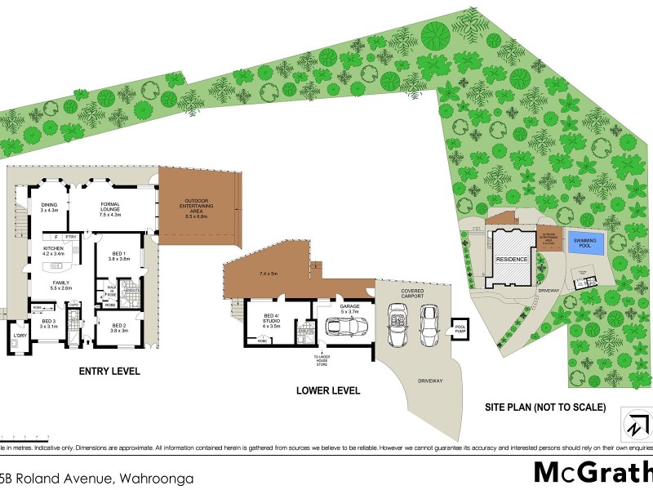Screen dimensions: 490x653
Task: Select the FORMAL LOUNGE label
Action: tap(110, 210)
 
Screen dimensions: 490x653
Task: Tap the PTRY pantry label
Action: tap(71, 237)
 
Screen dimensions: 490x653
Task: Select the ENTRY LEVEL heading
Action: tap(109, 372)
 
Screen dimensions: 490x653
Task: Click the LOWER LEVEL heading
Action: tap(327, 391)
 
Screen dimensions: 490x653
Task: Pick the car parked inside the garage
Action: tap(348, 327)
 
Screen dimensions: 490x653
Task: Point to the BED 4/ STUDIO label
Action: tap(270, 318)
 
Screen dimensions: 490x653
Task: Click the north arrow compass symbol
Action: tap(637, 425)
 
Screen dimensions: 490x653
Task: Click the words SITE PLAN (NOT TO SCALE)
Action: tap(545, 407)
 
